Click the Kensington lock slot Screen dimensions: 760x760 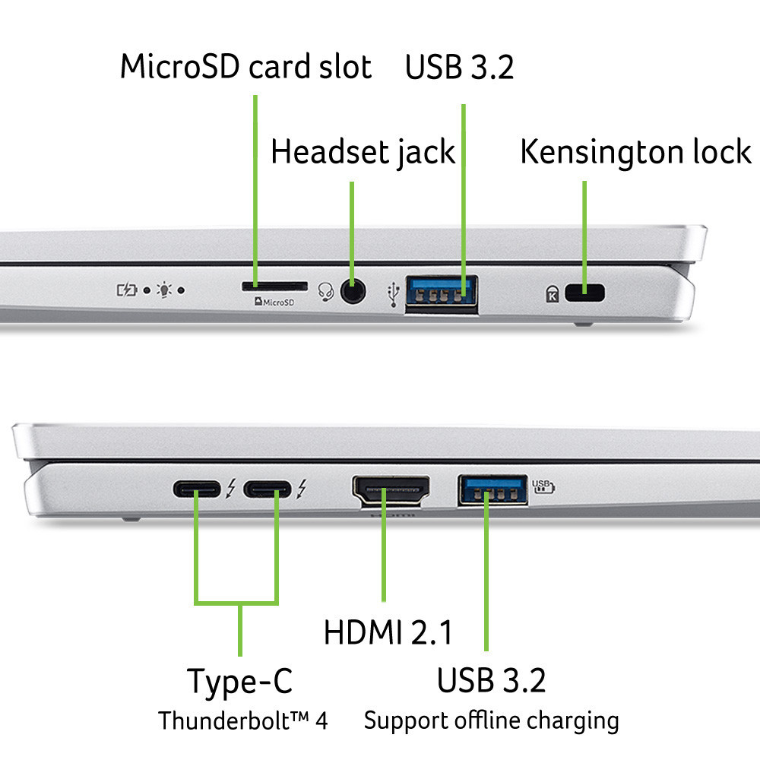[584, 292]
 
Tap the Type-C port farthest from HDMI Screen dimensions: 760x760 [198, 489]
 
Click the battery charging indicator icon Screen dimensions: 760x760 [127, 290]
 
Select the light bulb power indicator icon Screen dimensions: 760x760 [165, 290]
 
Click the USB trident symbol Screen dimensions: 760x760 [393, 295]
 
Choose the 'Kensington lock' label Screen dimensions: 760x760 [635, 152]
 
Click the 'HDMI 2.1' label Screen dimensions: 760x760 [388, 632]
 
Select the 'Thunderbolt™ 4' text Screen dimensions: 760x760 [242, 720]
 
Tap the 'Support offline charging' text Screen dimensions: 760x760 [491, 719]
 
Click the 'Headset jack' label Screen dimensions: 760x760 [363, 152]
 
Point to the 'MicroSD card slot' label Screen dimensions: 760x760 [246, 67]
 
